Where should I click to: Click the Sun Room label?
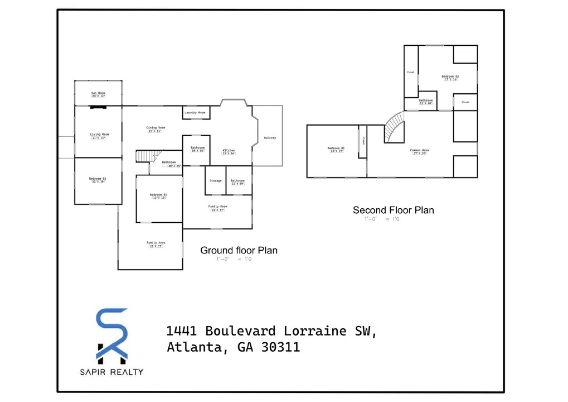coord(99,93)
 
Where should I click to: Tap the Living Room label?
coord(99,134)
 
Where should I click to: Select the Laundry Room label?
coord(195,113)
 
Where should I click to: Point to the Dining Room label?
coord(156,128)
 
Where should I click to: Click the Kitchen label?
coord(229,151)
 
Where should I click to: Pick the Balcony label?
coord(270,137)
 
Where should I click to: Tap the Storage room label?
coord(215,181)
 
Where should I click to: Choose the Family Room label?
coord(218,207)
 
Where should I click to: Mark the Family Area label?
coord(156,242)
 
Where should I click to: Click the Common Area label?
coord(419,150)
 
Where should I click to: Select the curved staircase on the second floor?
coord(395,127)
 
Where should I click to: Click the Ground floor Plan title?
coord(239,251)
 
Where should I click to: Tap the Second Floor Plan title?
coord(393,210)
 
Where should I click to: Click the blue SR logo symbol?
coord(113,334)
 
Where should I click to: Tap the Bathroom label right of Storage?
coord(237,181)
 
